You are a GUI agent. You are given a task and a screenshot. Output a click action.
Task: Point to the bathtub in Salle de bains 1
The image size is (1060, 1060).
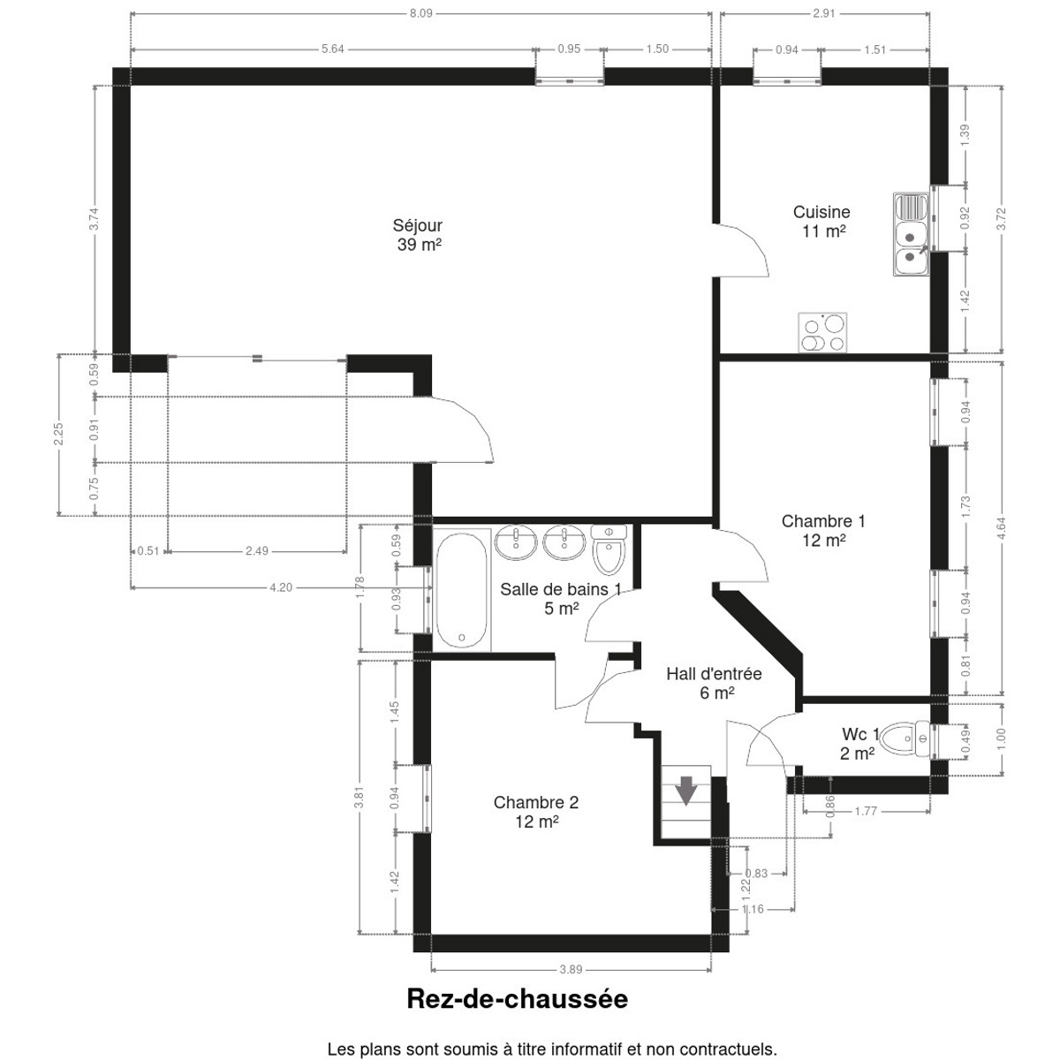461,589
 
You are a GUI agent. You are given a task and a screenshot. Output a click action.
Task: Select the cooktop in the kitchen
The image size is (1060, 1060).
822,333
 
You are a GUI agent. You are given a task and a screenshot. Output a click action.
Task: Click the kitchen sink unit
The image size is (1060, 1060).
911,234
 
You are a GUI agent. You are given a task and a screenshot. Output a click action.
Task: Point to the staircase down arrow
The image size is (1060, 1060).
686,791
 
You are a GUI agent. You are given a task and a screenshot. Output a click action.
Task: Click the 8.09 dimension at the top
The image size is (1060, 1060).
420,14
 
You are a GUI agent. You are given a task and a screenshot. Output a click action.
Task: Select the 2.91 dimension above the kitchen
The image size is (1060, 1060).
824,14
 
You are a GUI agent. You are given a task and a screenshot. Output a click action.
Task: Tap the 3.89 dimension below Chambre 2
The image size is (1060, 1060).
571,969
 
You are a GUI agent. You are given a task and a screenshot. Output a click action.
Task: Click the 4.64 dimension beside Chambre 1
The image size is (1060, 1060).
1001,528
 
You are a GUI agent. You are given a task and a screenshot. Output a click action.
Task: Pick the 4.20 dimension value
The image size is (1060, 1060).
281,587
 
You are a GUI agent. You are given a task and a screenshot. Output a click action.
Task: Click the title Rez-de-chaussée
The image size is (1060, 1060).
517,998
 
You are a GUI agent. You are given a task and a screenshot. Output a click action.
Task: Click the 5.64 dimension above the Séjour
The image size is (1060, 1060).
333,49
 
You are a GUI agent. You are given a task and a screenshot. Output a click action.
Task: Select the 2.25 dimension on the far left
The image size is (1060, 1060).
59,434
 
